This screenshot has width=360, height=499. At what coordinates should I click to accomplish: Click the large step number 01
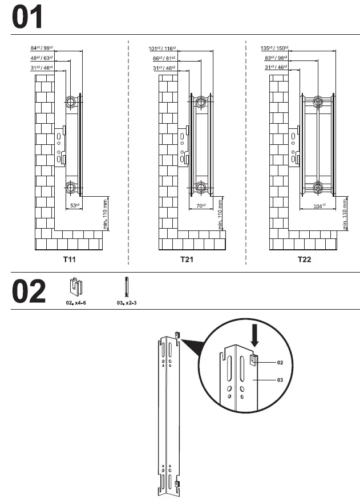[27, 18]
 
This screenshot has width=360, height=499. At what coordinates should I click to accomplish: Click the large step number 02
[29, 291]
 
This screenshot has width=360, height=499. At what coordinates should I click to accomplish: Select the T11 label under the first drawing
[69, 259]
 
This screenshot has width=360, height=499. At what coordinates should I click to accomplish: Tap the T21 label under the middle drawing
[187, 259]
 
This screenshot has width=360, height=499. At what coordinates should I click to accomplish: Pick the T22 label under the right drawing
[304, 259]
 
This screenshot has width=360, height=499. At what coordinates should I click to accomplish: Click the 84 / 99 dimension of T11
[42, 48]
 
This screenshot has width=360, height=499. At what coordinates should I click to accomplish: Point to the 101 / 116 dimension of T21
[162, 48]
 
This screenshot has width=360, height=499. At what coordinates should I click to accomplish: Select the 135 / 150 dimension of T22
[276, 48]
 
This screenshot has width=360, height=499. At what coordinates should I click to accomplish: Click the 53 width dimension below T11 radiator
[74, 205]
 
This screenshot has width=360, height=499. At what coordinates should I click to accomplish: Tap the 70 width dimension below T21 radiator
[200, 205]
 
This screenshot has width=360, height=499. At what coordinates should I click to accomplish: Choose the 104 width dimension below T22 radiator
[319, 205]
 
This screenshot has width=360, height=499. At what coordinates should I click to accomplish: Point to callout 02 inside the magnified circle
[280, 362]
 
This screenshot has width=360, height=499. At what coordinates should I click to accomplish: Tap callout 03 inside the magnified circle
[280, 379]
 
